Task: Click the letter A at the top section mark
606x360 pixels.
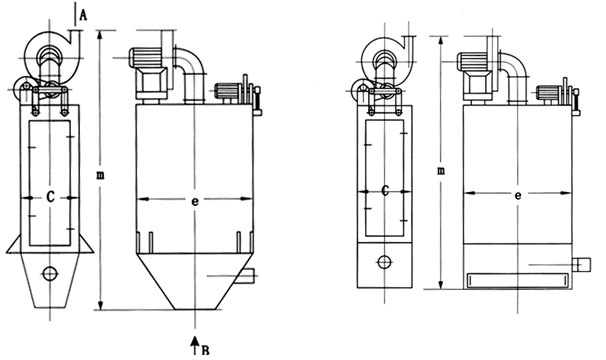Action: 83,15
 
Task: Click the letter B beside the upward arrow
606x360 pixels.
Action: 206,351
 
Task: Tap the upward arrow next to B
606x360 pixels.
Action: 196,345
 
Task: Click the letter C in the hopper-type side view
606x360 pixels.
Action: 50,197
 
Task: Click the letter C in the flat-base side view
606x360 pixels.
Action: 385,191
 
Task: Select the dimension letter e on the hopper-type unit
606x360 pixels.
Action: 195,201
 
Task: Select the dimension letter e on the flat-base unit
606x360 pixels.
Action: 518,195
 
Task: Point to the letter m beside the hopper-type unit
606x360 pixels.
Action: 100,175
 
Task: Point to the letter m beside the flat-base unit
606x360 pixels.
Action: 441,170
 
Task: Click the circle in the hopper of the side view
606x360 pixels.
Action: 50,274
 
